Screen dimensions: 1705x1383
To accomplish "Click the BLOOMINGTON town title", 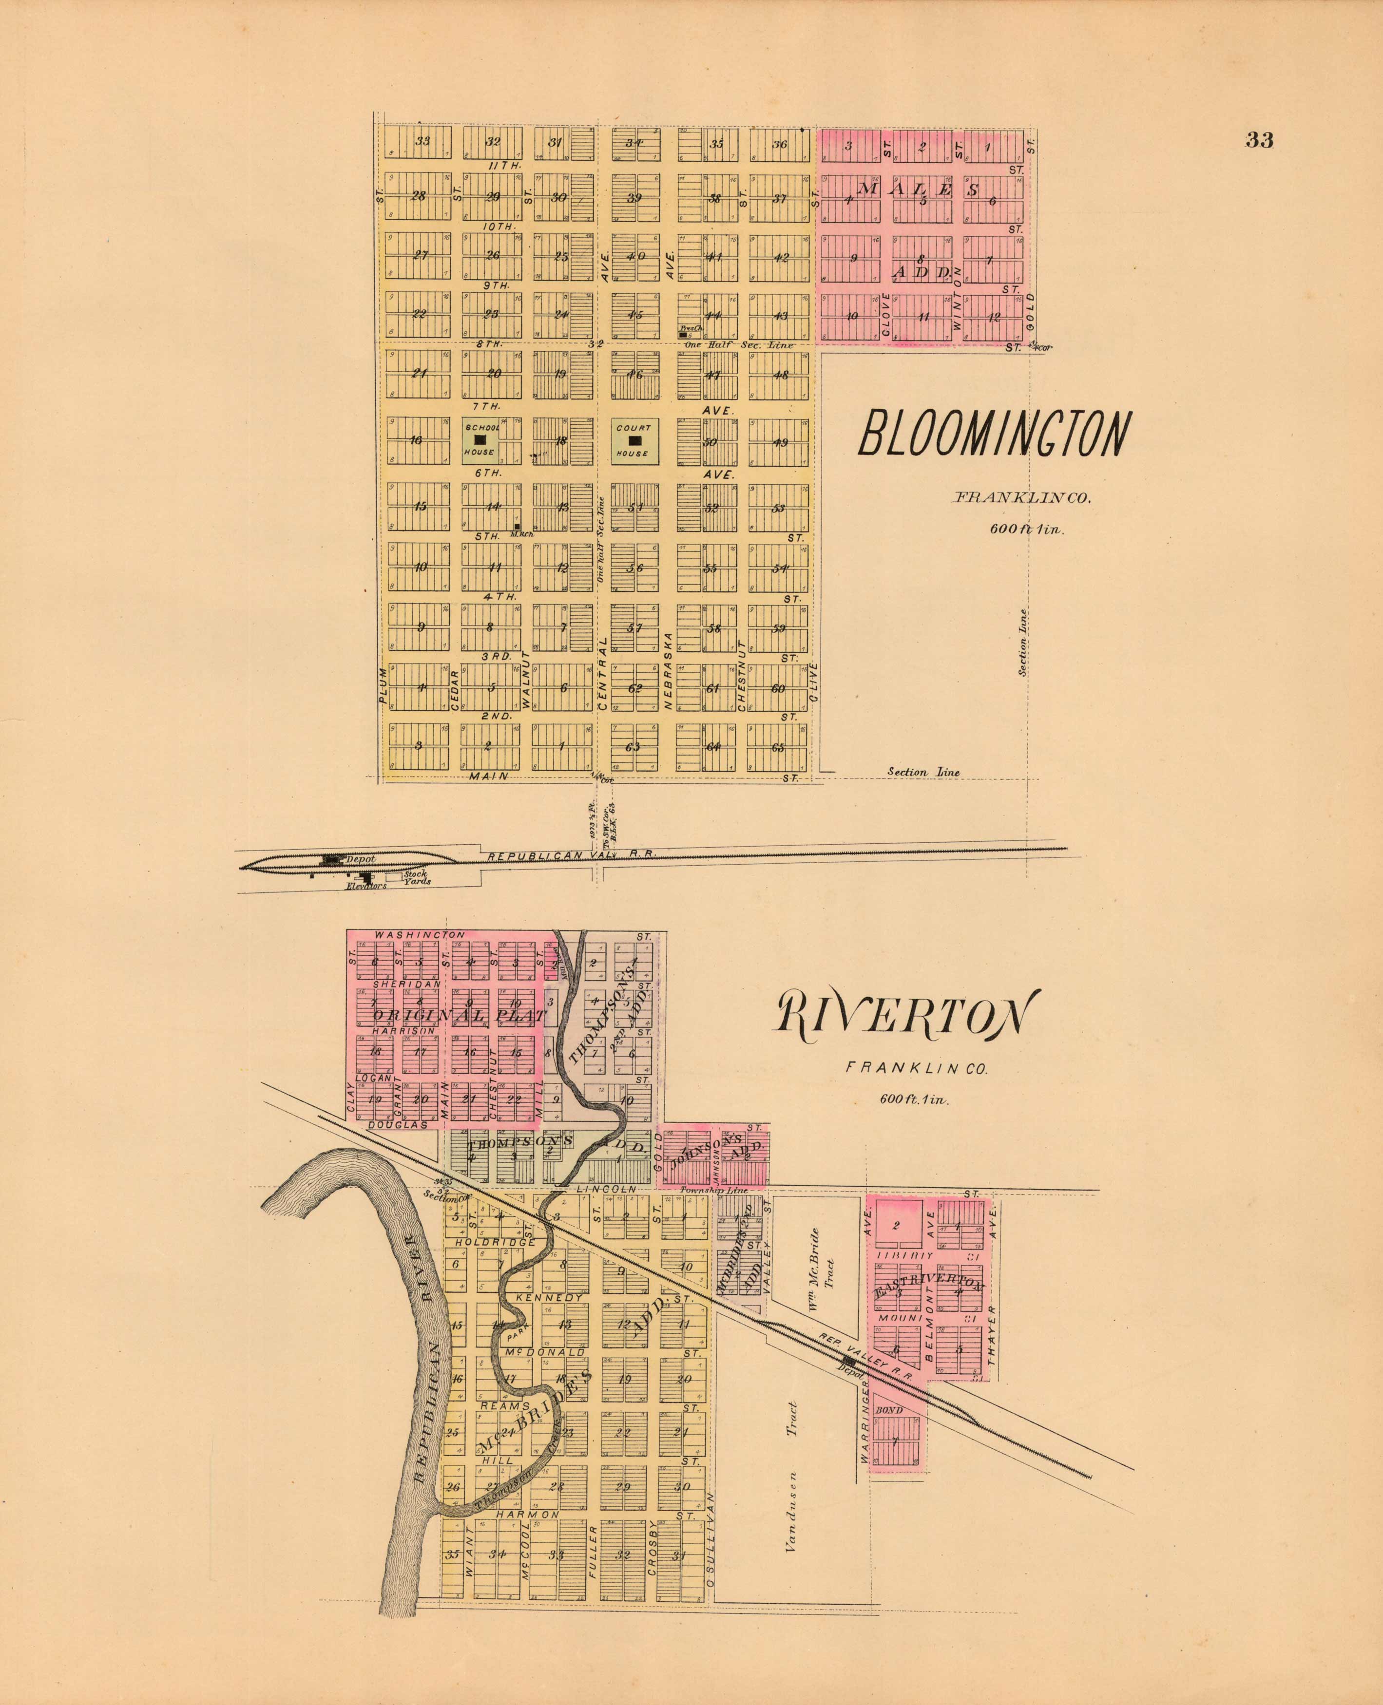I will (x=994, y=435).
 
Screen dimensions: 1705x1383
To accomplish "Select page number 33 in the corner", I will (x=1260, y=140).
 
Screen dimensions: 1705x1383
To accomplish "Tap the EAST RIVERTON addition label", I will (x=928, y=1288).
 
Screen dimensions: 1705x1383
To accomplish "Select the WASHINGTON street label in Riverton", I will (x=420, y=935).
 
